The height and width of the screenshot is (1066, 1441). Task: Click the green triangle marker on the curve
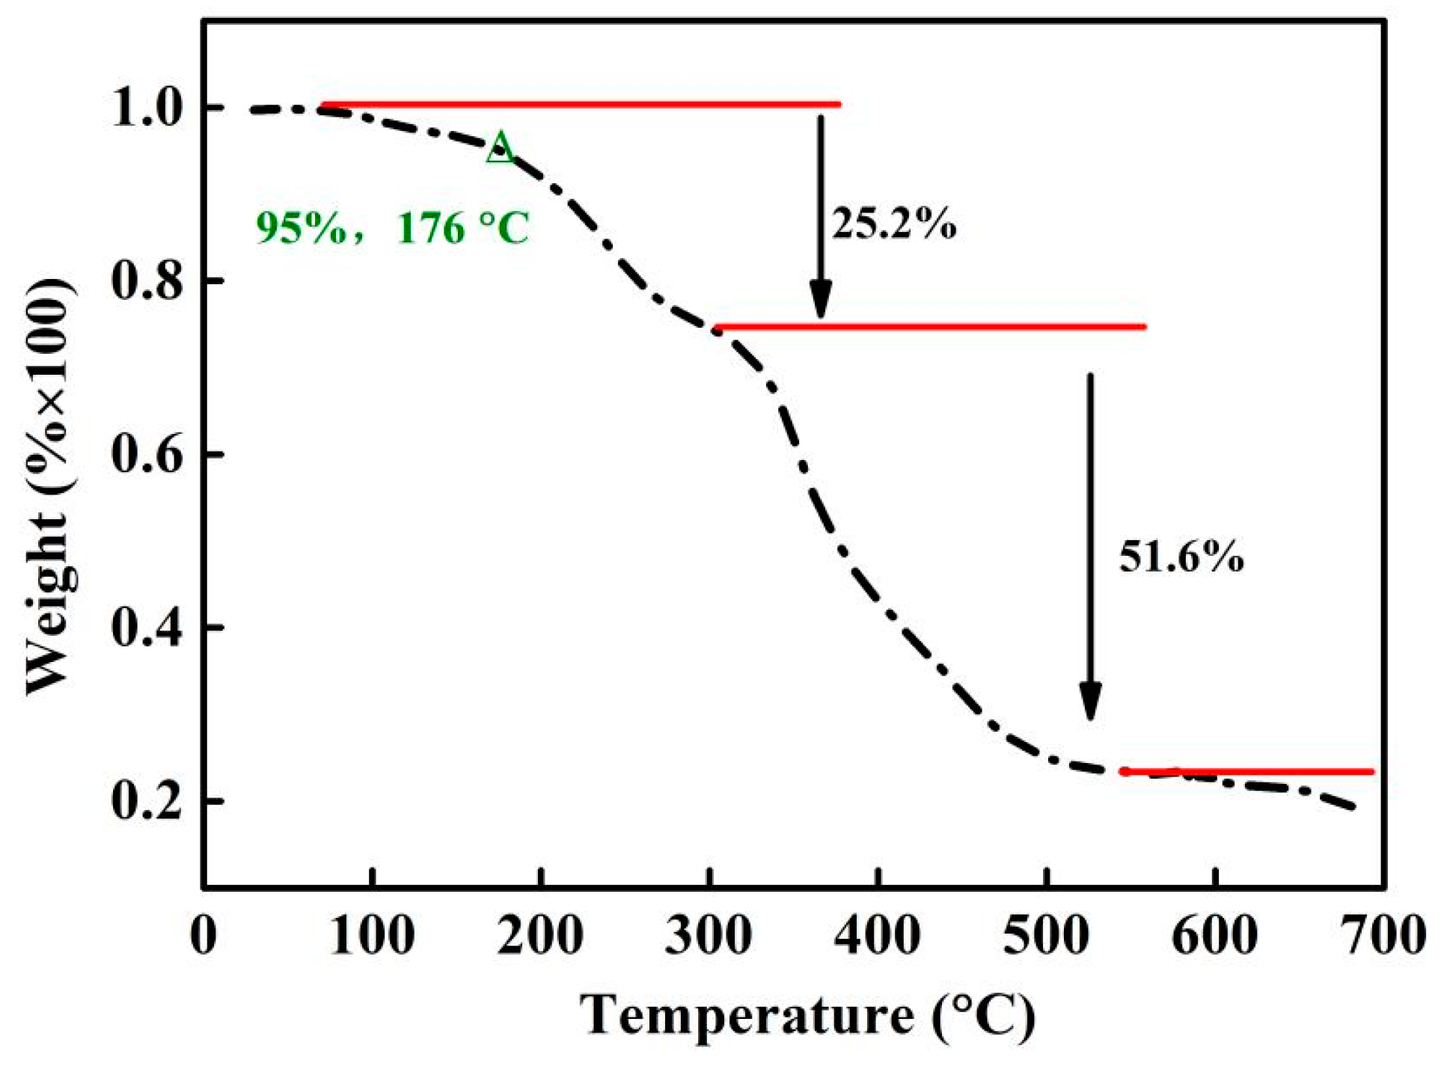501,148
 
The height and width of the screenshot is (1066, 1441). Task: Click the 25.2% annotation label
893,223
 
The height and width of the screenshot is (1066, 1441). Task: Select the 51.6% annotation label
1181,557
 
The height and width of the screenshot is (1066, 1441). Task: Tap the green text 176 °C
463,227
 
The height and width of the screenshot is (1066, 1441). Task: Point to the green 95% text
302,227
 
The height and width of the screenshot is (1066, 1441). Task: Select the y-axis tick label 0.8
147,282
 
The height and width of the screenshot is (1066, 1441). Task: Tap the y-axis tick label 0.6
147,455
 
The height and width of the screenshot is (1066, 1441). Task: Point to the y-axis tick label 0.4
147,628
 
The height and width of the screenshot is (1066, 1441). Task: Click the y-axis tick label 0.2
147,801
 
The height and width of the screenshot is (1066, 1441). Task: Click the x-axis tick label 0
204,935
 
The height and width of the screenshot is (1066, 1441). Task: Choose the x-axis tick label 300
708,935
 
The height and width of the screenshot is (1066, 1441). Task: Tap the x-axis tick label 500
1046,935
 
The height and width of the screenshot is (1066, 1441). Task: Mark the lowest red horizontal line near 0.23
1246,771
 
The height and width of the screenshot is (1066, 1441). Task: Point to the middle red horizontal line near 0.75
929,327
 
